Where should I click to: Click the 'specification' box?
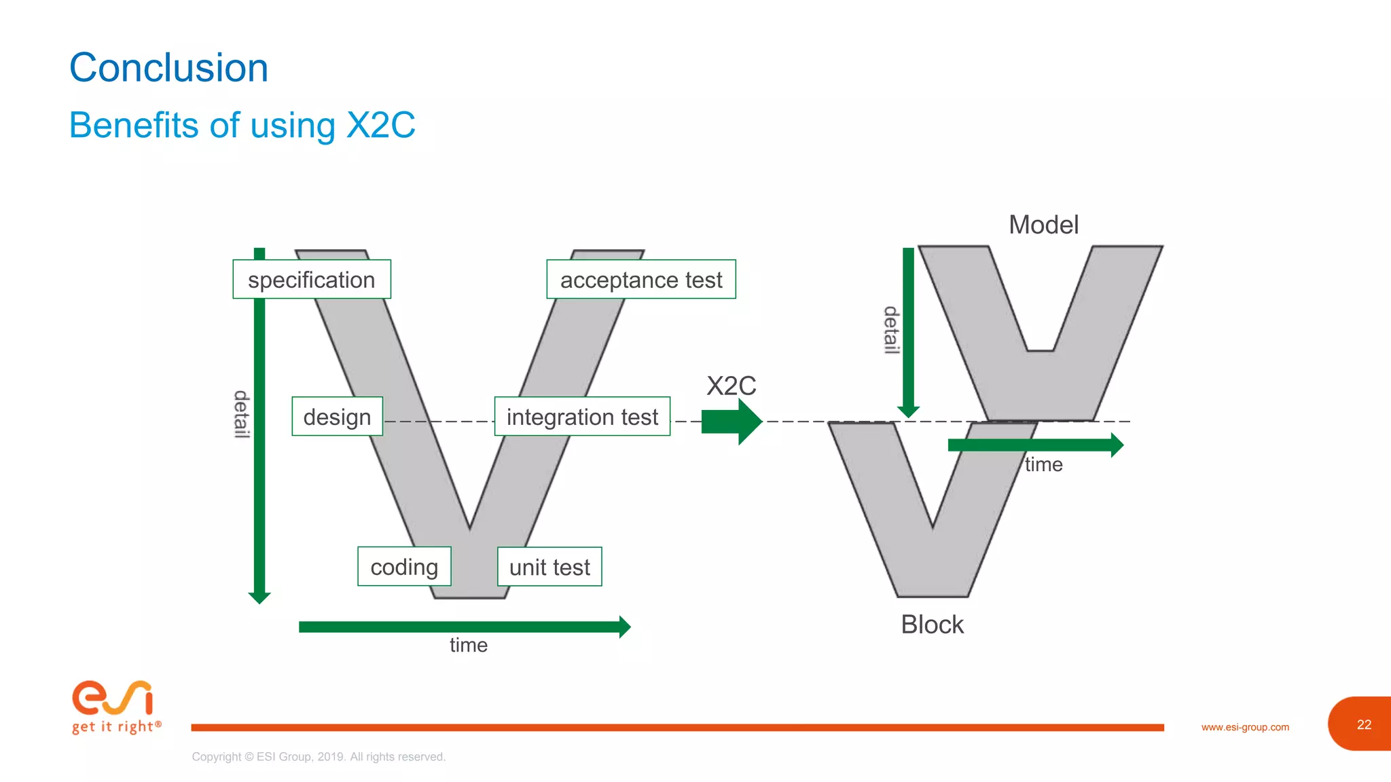coord(312,280)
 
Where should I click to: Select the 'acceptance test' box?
coord(640,280)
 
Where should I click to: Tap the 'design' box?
coord(337,417)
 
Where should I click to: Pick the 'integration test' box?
coord(582,417)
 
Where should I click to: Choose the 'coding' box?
coord(404,567)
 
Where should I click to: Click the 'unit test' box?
coord(549,567)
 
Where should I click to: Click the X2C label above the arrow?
coord(731,386)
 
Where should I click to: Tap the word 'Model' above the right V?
coord(1043,225)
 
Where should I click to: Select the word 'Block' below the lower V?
coord(932,625)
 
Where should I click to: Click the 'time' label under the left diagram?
coord(469,645)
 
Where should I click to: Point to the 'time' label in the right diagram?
coord(1043,465)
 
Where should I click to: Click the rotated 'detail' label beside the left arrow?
coord(241,414)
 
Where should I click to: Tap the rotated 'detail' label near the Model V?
coord(891,330)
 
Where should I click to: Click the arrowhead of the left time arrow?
coord(624,627)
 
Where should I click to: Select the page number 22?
coord(1364,724)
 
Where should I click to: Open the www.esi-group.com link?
coord(1245,727)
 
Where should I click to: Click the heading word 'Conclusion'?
coord(169,68)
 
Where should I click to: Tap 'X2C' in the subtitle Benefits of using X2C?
coord(380,126)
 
